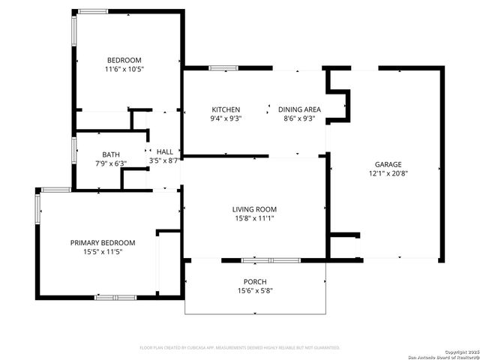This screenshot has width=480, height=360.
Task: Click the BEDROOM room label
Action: pos(124,60)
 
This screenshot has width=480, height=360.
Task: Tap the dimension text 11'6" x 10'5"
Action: pos(124,69)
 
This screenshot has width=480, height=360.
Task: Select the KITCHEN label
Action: pos(226,109)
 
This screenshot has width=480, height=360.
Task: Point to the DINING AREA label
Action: pos(299,109)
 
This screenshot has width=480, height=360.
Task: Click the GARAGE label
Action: pos(388,164)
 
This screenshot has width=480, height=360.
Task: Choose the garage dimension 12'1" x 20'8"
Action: pos(388,173)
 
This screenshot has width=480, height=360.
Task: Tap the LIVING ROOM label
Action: pos(254,209)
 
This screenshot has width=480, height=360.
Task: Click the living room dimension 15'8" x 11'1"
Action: pos(254,218)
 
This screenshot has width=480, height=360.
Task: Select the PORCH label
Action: pos(255,281)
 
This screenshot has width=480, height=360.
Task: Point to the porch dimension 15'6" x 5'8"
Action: pos(255,290)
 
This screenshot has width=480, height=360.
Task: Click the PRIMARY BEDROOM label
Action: pos(103,242)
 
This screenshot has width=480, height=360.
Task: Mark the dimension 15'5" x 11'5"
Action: pos(103,251)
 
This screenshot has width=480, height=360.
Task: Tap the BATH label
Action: pos(111,154)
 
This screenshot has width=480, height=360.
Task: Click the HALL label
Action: pos(164,151)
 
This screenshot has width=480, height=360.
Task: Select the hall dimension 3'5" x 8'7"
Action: pos(164,160)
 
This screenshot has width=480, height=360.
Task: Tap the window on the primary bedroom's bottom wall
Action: pos(115,298)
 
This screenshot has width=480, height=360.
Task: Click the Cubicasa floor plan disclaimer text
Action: pos(240,348)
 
